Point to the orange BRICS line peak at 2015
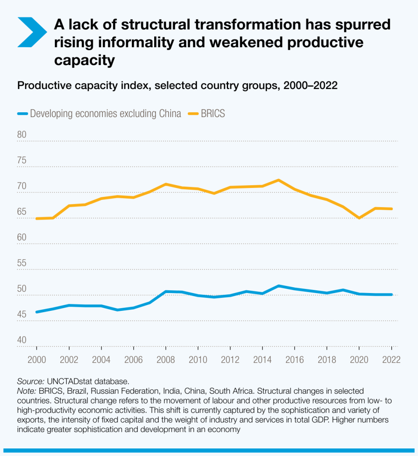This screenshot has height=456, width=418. click(279, 180)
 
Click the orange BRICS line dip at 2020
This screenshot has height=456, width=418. click(359, 218)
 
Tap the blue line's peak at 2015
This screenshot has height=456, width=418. click(279, 286)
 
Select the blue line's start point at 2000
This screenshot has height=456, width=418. click(37, 312)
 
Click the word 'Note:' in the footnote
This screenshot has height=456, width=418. click(27, 391)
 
